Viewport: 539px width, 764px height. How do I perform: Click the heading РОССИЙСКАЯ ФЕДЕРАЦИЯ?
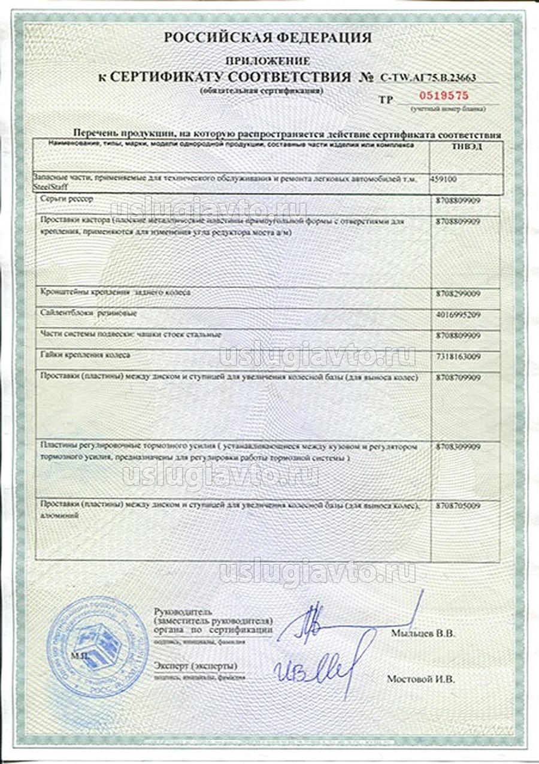pyautogui.click(x=268, y=38)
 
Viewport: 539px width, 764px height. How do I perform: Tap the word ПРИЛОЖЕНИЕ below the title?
pyautogui.click(x=268, y=61)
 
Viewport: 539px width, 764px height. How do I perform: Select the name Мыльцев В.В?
pyautogui.click(x=423, y=633)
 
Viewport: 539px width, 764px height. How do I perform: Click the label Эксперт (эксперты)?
pyautogui.click(x=195, y=666)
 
